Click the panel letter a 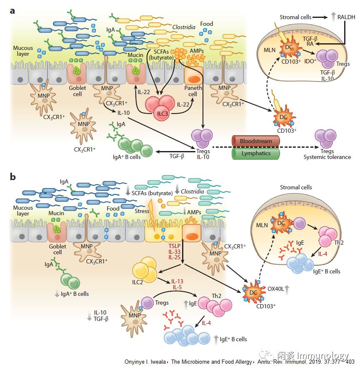tap(12, 10)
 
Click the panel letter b tap(13, 177)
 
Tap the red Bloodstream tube tap(255, 141)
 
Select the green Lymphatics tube tap(255, 153)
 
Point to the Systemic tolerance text tap(327, 157)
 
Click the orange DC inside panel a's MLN tap(288, 49)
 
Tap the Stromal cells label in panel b tap(296, 187)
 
